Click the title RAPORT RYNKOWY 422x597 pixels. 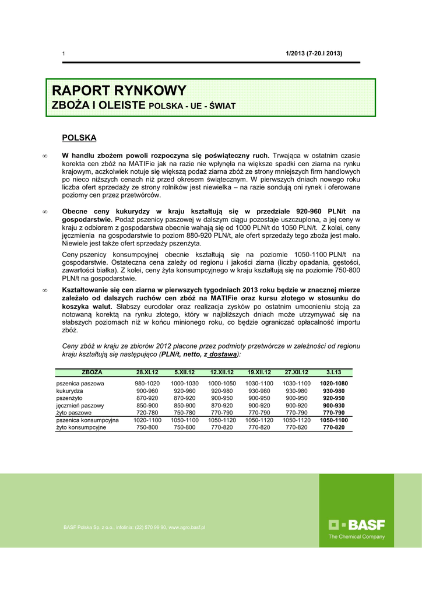tap(119, 91)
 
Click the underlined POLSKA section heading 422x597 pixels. tap(79, 138)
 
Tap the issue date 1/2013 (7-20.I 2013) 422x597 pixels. tap(314, 54)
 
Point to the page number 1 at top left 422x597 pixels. tap(64, 54)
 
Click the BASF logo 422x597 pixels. tap(357, 525)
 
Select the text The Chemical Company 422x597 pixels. tap(357, 537)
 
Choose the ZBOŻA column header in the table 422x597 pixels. tap(92, 372)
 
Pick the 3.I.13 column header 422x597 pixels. tap(334, 372)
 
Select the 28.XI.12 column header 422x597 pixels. tap(147, 372)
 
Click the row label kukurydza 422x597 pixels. tap(70, 391)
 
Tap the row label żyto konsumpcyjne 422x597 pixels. tap(81, 427)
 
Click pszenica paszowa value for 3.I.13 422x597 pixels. tap(334, 384)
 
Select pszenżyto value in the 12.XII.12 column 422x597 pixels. tap(221, 398)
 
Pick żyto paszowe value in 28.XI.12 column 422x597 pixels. tap(147, 413)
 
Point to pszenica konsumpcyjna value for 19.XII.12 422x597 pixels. tap(259, 420)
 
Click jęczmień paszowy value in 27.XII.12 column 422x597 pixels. tap(297, 405)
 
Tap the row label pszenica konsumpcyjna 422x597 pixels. tap(87, 420)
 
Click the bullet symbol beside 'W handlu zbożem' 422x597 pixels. tap(45, 156)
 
